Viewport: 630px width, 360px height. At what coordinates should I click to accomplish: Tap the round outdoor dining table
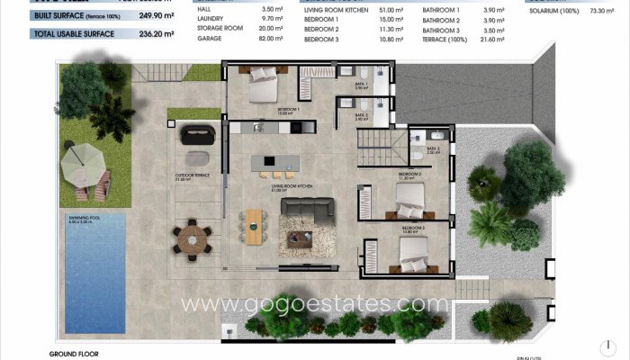[x=190, y=238]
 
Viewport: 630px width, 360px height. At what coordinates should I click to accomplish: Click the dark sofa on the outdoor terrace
[x=198, y=134]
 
